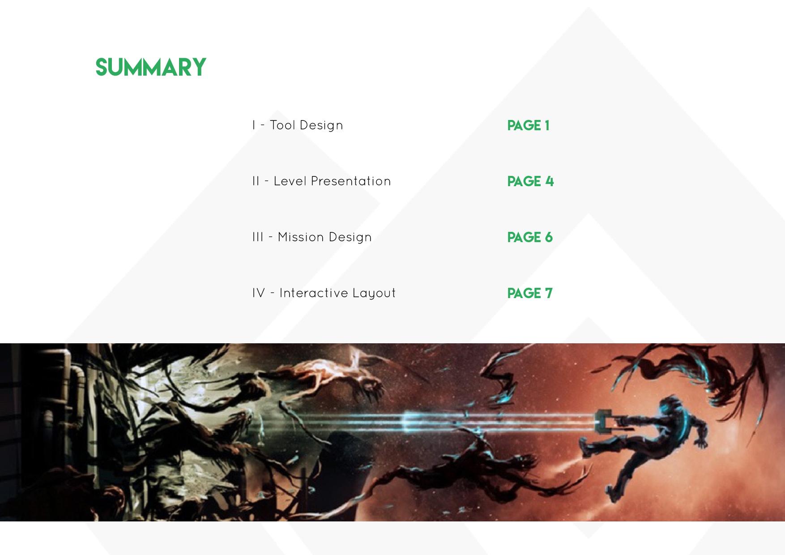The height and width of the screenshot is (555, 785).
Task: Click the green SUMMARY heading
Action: point(151,67)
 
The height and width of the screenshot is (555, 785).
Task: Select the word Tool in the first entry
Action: point(283,125)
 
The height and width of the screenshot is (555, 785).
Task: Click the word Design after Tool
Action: point(321,126)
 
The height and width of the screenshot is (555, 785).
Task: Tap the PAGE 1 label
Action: point(529,126)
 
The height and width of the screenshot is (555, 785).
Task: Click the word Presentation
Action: point(351,181)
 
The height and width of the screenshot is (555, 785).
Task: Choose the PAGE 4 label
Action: point(530,182)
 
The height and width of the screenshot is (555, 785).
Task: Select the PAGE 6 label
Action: point(530,238)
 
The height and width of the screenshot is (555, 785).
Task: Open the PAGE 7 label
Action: point(530,294)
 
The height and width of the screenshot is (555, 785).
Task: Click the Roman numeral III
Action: point(258,237)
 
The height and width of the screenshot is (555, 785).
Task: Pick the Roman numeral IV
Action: point(259,293)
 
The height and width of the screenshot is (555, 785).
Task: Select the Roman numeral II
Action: point(256,181)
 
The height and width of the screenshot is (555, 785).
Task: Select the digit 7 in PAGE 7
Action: point(549,294)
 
